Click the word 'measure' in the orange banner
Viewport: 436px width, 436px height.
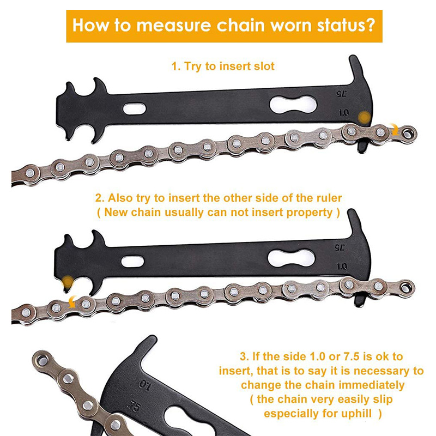click(x=174, y=25)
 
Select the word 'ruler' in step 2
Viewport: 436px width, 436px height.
click(x=329, y=198)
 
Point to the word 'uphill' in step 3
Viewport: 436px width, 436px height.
click(x=356, y=414)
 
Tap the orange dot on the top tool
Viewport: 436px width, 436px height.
click(x=365, y=118)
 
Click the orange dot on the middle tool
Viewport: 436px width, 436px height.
click(x=68, y=282)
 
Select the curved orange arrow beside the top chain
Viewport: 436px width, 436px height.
click(x=394, y=129)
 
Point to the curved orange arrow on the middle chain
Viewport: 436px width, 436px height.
click(x=72, y=302)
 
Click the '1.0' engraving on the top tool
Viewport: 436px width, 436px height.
click(x=344, y=113)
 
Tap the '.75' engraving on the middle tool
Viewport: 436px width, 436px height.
click(x=339, y=247)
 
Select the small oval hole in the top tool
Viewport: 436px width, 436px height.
click(x=134, y=108)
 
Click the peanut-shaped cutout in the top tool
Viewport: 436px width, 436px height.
click(x=293, y=105)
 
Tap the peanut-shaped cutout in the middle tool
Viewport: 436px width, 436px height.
click(x=291, y=258)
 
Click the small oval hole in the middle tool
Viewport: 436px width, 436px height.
click(x=132, y=262)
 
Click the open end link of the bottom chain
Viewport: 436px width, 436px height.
click(x=43, y=360)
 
